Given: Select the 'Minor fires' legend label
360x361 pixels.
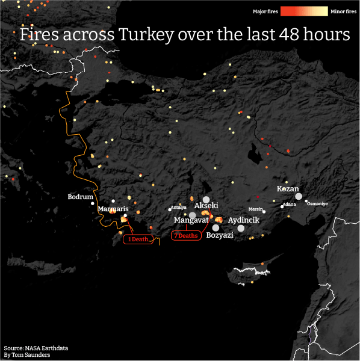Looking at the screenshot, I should [x=344, y=11].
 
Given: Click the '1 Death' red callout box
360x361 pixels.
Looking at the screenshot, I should [x=138, y=239].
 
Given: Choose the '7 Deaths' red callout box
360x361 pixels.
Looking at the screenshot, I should [x=186, y=236].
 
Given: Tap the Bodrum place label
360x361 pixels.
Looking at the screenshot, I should [x=81, y=197].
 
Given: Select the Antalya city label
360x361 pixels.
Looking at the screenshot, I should [x=178, y=208].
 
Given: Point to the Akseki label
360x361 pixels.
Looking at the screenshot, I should [x=206, y=206].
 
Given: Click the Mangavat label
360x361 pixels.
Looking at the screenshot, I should [x=191, y=220].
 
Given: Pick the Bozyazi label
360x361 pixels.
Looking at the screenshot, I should [x=219, y=235].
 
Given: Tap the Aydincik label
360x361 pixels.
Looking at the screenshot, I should [x=244, y=220].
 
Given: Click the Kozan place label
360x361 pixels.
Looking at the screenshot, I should [x=288, y=189].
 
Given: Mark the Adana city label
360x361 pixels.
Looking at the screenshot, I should [x=289, y=205].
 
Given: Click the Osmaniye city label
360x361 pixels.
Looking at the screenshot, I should [x=317, y=203].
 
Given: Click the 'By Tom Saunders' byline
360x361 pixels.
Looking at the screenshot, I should [x=26, y=356].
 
